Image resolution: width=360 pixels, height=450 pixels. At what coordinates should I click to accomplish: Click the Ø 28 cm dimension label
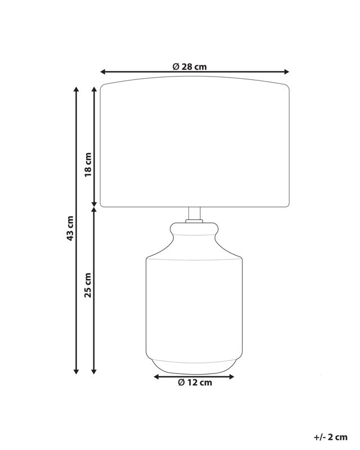point(190,66)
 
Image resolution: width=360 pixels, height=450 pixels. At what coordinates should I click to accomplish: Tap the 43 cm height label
point(70,228)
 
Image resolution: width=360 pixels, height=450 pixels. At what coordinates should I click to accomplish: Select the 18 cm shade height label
point(88,165)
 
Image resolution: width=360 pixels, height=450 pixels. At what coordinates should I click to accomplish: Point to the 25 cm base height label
point(88,285)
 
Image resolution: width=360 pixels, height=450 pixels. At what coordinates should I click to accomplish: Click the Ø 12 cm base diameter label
point(195,382)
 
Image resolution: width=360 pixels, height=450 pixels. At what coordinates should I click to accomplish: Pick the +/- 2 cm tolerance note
point(330,437)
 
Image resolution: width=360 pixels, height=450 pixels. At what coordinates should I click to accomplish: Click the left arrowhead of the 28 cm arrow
point(103,72)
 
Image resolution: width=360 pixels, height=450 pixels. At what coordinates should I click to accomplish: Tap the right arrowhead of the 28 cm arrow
point(286,72)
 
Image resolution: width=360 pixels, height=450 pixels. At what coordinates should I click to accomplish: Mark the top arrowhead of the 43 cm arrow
point(76,89)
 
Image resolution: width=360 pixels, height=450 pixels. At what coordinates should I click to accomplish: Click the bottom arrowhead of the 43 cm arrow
point(76,371)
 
